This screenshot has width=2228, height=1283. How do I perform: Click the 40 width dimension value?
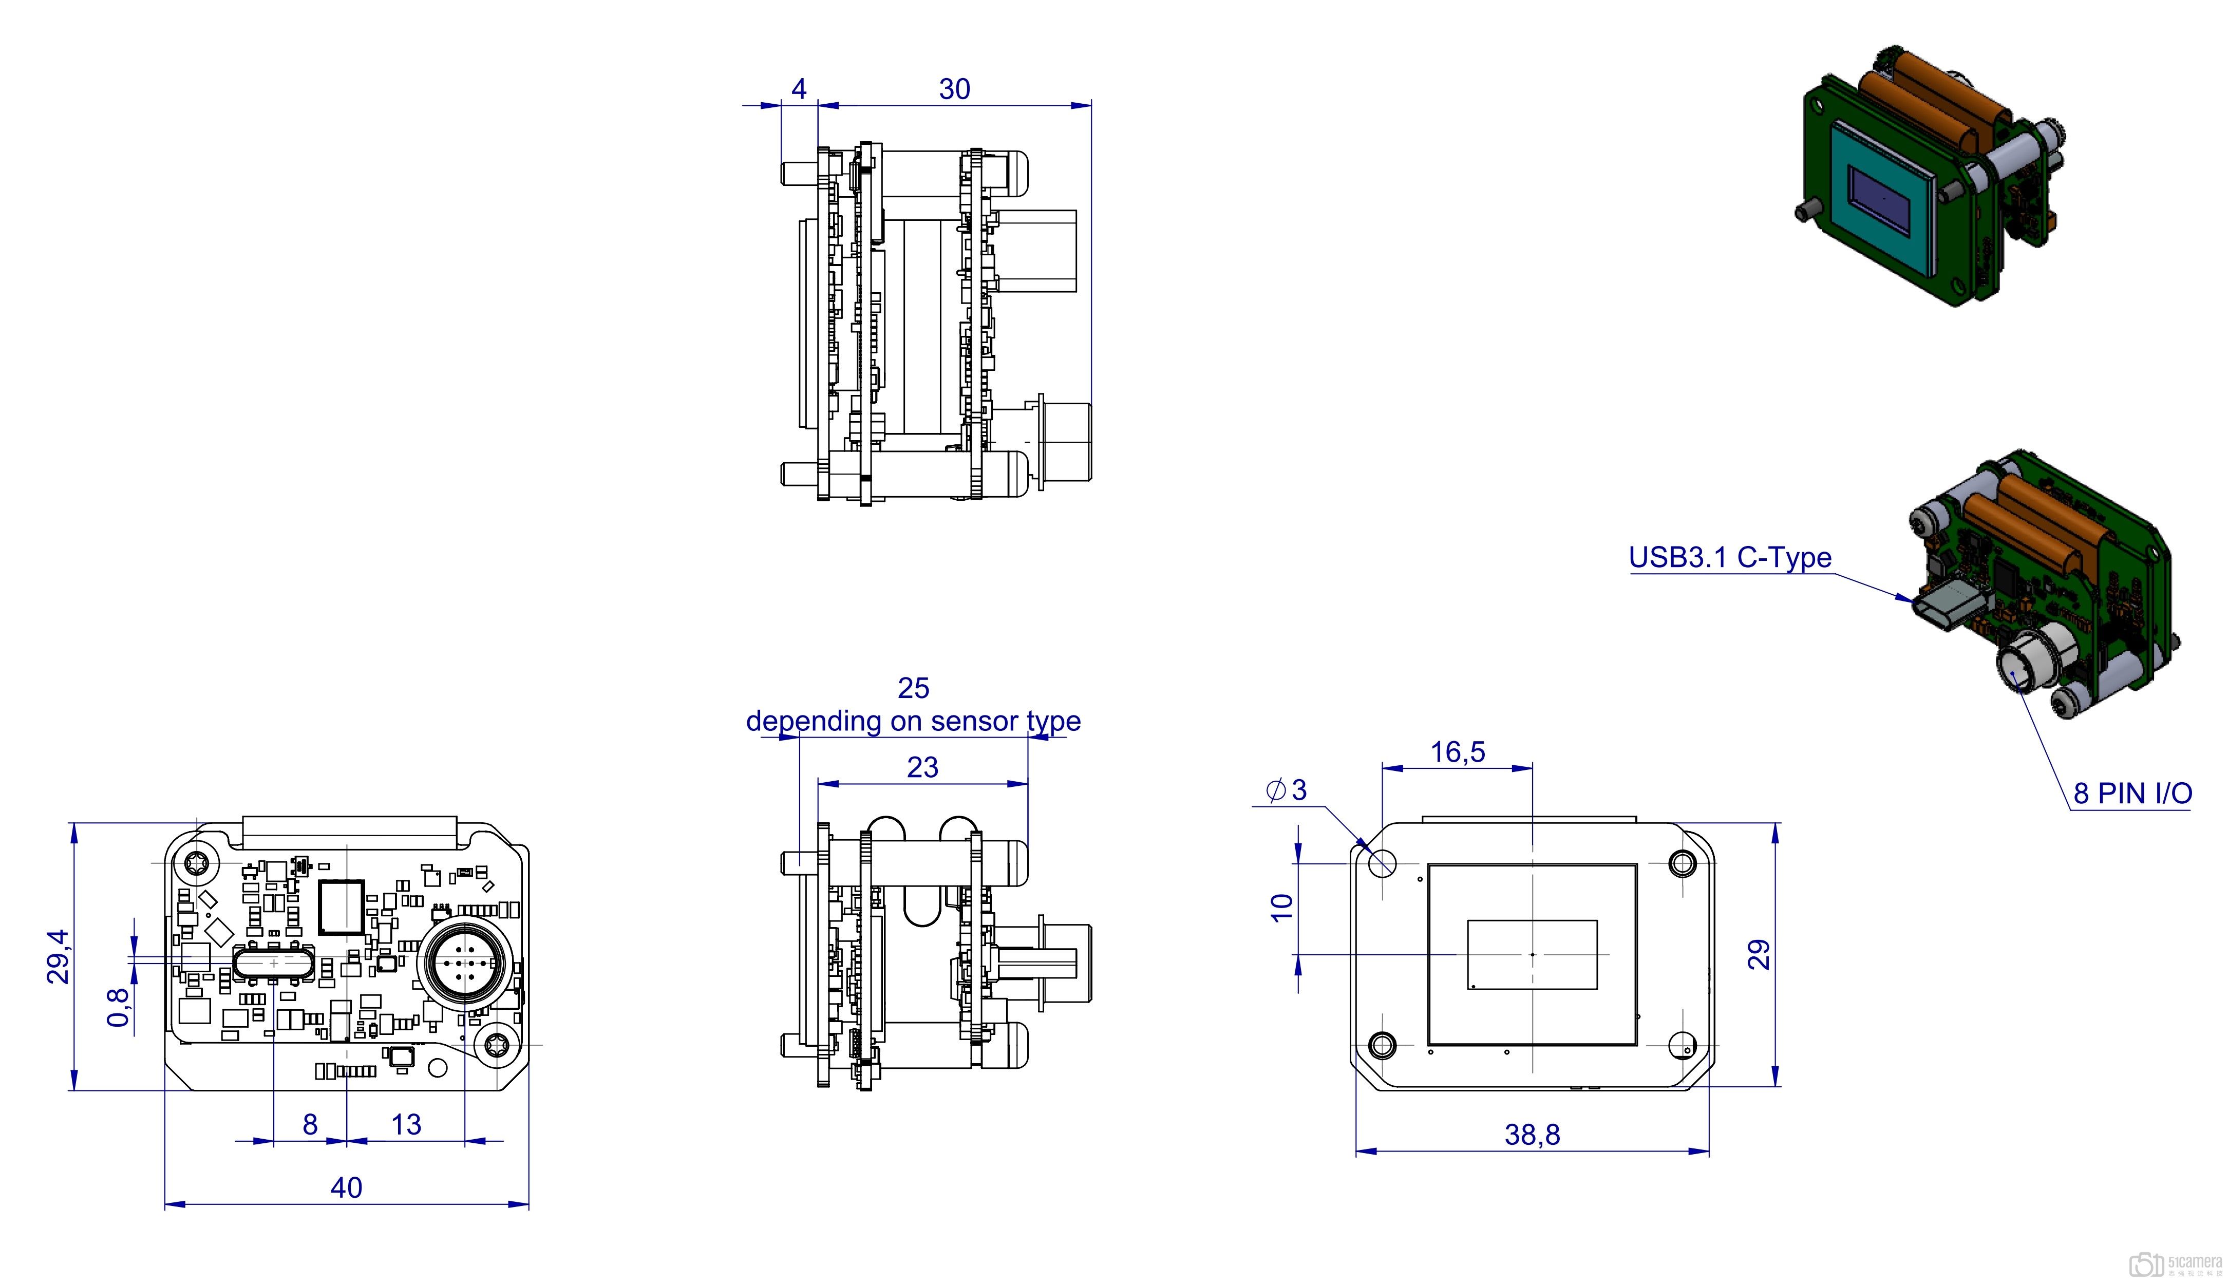click(346, 1188)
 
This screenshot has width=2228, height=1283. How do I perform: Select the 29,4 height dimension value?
click(58, 956)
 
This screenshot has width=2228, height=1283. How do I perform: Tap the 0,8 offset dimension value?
click(118, 1007)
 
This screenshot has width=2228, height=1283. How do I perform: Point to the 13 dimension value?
click(406, 1124)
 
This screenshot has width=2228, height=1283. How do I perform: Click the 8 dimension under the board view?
click(310, 1124)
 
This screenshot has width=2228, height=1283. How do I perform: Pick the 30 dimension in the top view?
click(954, 89)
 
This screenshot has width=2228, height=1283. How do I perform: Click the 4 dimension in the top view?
click(799, 89)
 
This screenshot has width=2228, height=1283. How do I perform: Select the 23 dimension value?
click(922, 767)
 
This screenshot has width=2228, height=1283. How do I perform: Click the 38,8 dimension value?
click(1532, 1135)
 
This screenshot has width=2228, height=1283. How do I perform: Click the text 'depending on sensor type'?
click(914, 721)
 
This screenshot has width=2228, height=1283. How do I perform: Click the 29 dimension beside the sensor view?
click(1759, 954)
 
